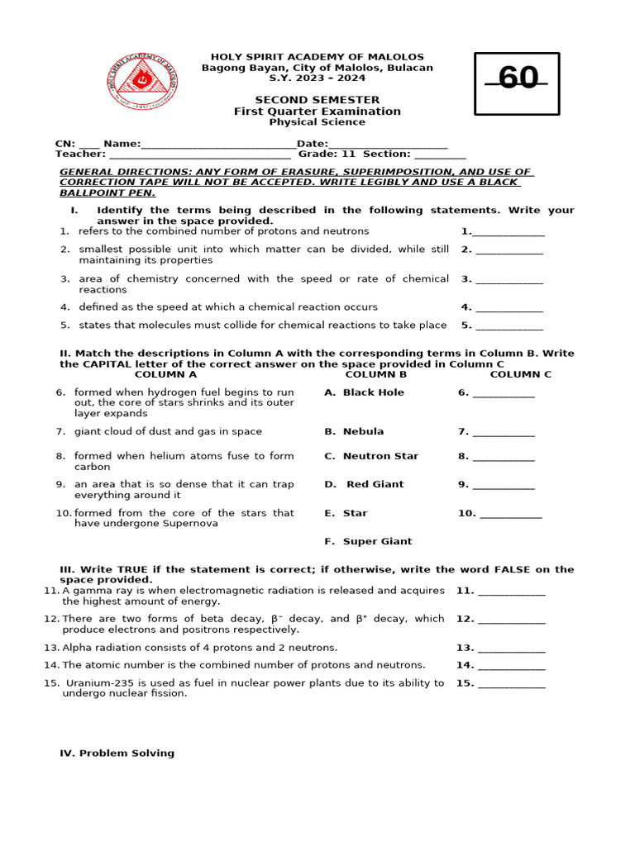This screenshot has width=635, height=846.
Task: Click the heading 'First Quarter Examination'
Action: click(x=317, y=112)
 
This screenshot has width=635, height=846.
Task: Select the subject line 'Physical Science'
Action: click(x=317, y=122)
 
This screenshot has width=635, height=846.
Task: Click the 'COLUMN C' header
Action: click(x=520, y=374)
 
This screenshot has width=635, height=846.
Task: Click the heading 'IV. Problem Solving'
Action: click(x=117, y=753)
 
